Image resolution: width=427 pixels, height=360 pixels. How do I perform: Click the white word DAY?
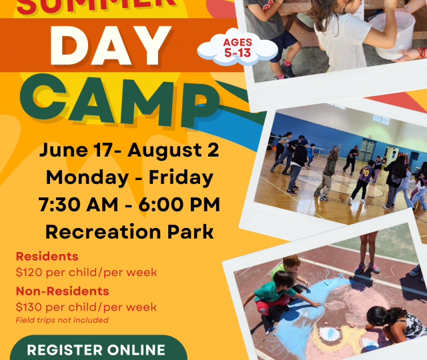coord(111,45)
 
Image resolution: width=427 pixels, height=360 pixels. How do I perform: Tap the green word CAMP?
coord(120,101)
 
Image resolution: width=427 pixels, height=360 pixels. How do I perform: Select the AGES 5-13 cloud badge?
coord(238,47)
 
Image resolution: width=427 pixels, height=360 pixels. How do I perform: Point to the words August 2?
coord(173,151)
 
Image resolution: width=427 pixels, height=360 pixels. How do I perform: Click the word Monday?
coord(87,177)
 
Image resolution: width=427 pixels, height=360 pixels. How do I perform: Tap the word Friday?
coord(181,177)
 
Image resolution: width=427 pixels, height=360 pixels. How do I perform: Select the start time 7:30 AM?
coord(78,205)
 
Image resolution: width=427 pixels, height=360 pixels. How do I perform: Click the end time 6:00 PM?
coord(179,205)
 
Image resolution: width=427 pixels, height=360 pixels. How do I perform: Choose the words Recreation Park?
coord(129,232)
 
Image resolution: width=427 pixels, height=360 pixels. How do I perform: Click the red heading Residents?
coord(47,256)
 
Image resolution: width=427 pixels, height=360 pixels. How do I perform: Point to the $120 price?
coord(29,272)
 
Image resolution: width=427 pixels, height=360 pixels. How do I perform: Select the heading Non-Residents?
coord(62,291)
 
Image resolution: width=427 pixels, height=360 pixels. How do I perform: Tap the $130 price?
coord(29,307)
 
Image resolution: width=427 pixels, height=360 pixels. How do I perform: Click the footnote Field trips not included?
coord(62,320)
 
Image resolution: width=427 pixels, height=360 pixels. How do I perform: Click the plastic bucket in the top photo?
coord(392,35)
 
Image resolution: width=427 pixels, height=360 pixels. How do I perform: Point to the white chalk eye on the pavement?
coord(330,334)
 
